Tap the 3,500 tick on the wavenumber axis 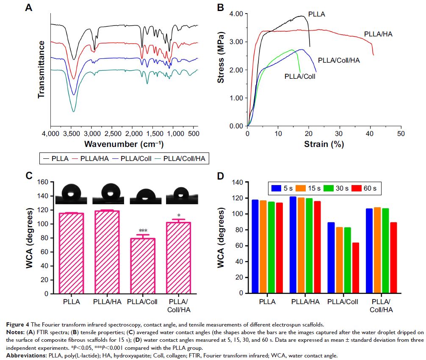(71, 134)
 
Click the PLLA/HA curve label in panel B (378, 34)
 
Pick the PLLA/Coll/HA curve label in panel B (339, 61)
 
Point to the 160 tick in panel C (43, 183)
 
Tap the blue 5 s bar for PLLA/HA (293, 244)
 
